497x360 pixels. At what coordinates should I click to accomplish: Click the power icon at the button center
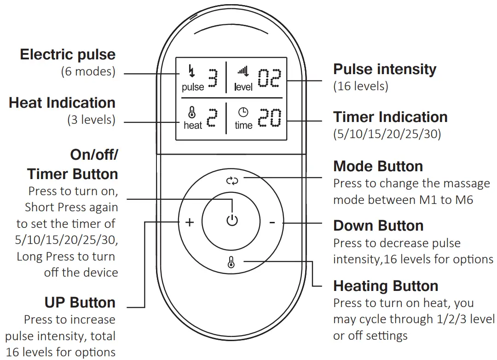tap(232, 221)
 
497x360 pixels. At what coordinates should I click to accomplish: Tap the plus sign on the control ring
tap(190, 223)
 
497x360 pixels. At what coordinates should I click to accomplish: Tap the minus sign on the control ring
tap(272, 223)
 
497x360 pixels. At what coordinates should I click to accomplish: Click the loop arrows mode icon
tap(232, 180)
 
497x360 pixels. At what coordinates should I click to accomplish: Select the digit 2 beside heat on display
tap(211, 118)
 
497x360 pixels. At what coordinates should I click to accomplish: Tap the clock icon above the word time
tap(243, 112)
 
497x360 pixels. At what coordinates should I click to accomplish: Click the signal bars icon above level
tap(243, 71)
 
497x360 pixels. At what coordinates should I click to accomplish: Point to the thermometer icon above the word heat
tap(192, 112)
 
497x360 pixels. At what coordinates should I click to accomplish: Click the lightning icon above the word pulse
tap(192, 72)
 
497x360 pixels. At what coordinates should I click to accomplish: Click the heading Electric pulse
tap(68, 54)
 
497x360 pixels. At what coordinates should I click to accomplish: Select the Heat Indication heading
tap(62, 102)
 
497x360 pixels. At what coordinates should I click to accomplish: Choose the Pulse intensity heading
tap(385, 69)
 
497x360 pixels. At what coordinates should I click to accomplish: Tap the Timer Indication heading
tap(390, 117)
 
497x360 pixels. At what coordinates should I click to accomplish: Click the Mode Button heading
tap(378, 166)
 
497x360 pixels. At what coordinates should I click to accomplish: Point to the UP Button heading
tap(80, 302)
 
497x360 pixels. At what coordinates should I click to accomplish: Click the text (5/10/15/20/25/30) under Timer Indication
tap(387, 134)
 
